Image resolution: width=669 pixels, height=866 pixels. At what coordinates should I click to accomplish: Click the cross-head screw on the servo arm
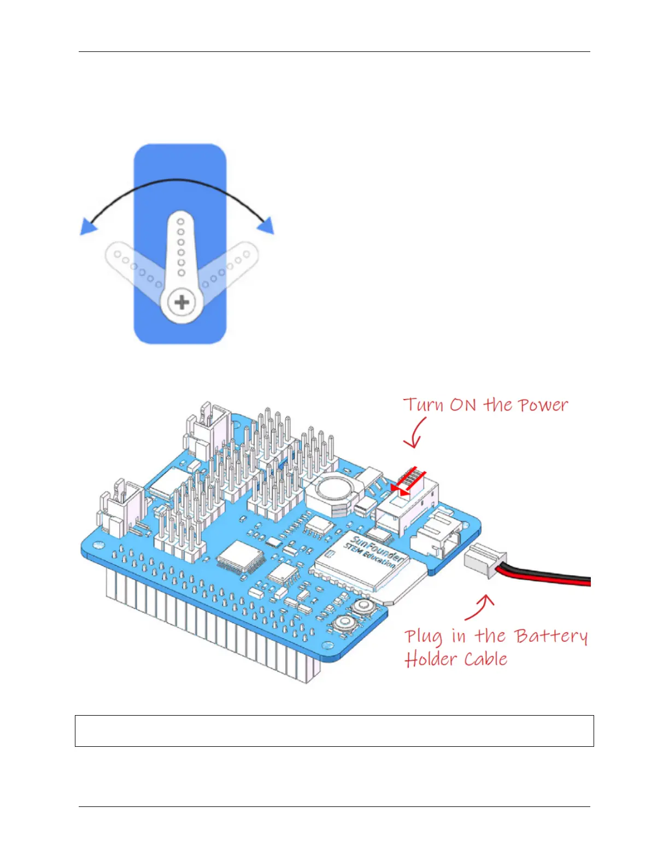tap(181, 302)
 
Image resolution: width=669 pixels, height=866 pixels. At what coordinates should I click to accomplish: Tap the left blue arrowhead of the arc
tap(88, 226)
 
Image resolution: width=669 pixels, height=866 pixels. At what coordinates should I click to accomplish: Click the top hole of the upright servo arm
tap(181, 222)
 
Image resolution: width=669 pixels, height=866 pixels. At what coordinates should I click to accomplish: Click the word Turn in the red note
tap(423, 405)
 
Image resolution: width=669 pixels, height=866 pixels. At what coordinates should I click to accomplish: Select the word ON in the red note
tap(463, 405)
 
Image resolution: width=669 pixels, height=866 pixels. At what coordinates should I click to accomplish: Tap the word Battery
tap(551, 636)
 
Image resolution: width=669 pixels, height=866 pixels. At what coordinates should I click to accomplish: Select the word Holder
tap(431, 659)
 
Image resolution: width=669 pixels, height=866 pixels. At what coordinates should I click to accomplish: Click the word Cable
tap(486, 659)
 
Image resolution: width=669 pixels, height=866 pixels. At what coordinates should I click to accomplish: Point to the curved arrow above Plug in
tap(480, 607)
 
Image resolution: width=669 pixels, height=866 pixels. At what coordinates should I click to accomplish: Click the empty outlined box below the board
tap(334, 730)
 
